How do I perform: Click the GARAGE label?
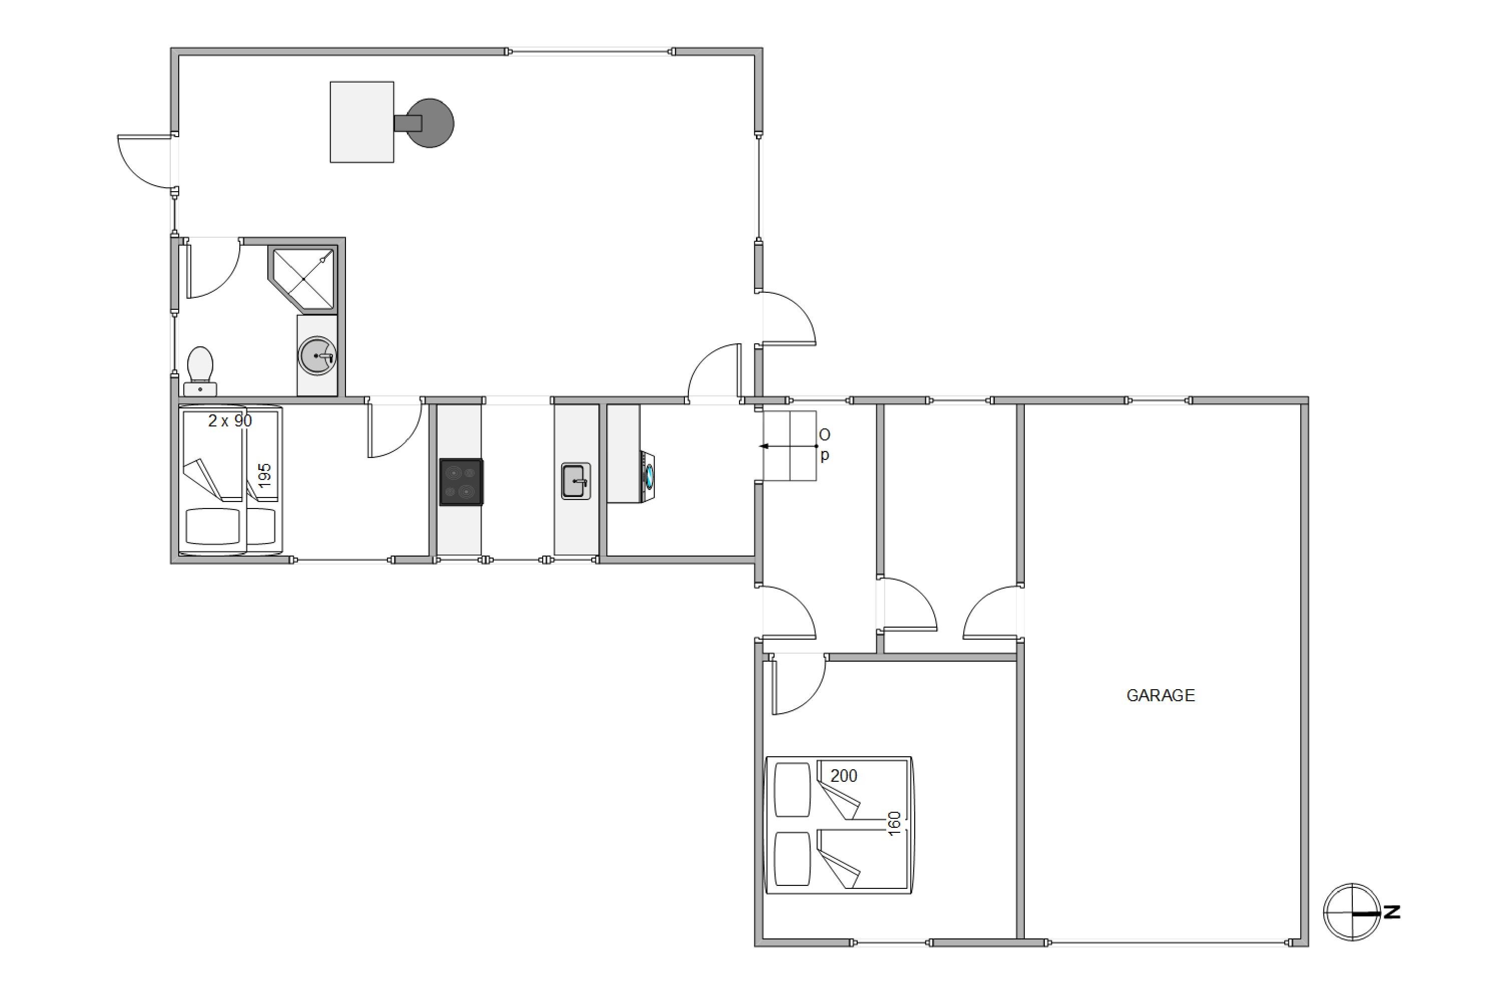coord(1161,695)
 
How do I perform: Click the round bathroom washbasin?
coord(317,355)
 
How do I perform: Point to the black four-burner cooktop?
coord(461,482)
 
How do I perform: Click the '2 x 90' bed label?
coord(230,421)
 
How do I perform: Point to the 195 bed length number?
coord(264,475)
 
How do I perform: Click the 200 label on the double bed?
coord(844,776)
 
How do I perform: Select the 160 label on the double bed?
coord(894,823)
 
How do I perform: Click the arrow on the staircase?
coord(788,446)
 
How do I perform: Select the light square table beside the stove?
coord(361,122)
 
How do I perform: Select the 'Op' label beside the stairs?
coord(825,445)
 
